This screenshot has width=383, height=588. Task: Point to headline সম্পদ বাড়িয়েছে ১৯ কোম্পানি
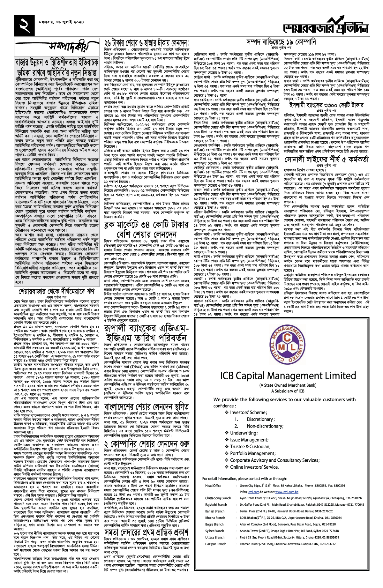click(x=281, y=42)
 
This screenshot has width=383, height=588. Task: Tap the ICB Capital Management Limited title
click(x=288, y=376)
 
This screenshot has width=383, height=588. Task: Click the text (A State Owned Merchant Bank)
click(x=288, y=385)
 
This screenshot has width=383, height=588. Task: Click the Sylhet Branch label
click(x=214, y=531)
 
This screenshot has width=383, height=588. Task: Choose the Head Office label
click(x=213, y=486)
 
